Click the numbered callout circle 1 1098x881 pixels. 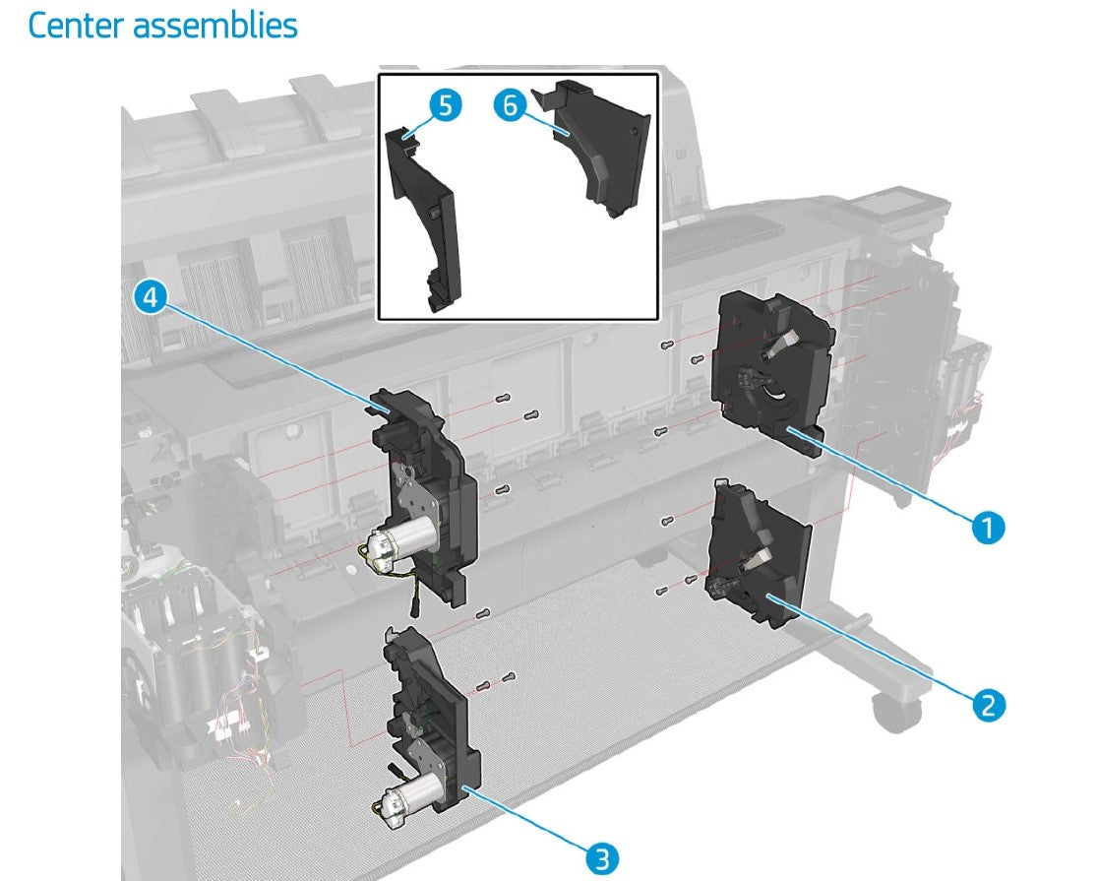coord(988,527)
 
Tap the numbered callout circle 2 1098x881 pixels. coord(988,705)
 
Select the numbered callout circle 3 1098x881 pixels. coord(602,857)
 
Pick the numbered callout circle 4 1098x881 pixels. coord(151,297)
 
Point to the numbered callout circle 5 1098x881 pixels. coord(446,106)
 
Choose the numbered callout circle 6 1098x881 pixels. coord(510,105)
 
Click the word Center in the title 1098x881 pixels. coord(76,26)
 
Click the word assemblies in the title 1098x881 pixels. coord(215,26)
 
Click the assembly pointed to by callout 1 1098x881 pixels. coord(772,373)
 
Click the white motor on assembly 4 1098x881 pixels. coord(401,543)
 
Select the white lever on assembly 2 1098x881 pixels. coord(757,557)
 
